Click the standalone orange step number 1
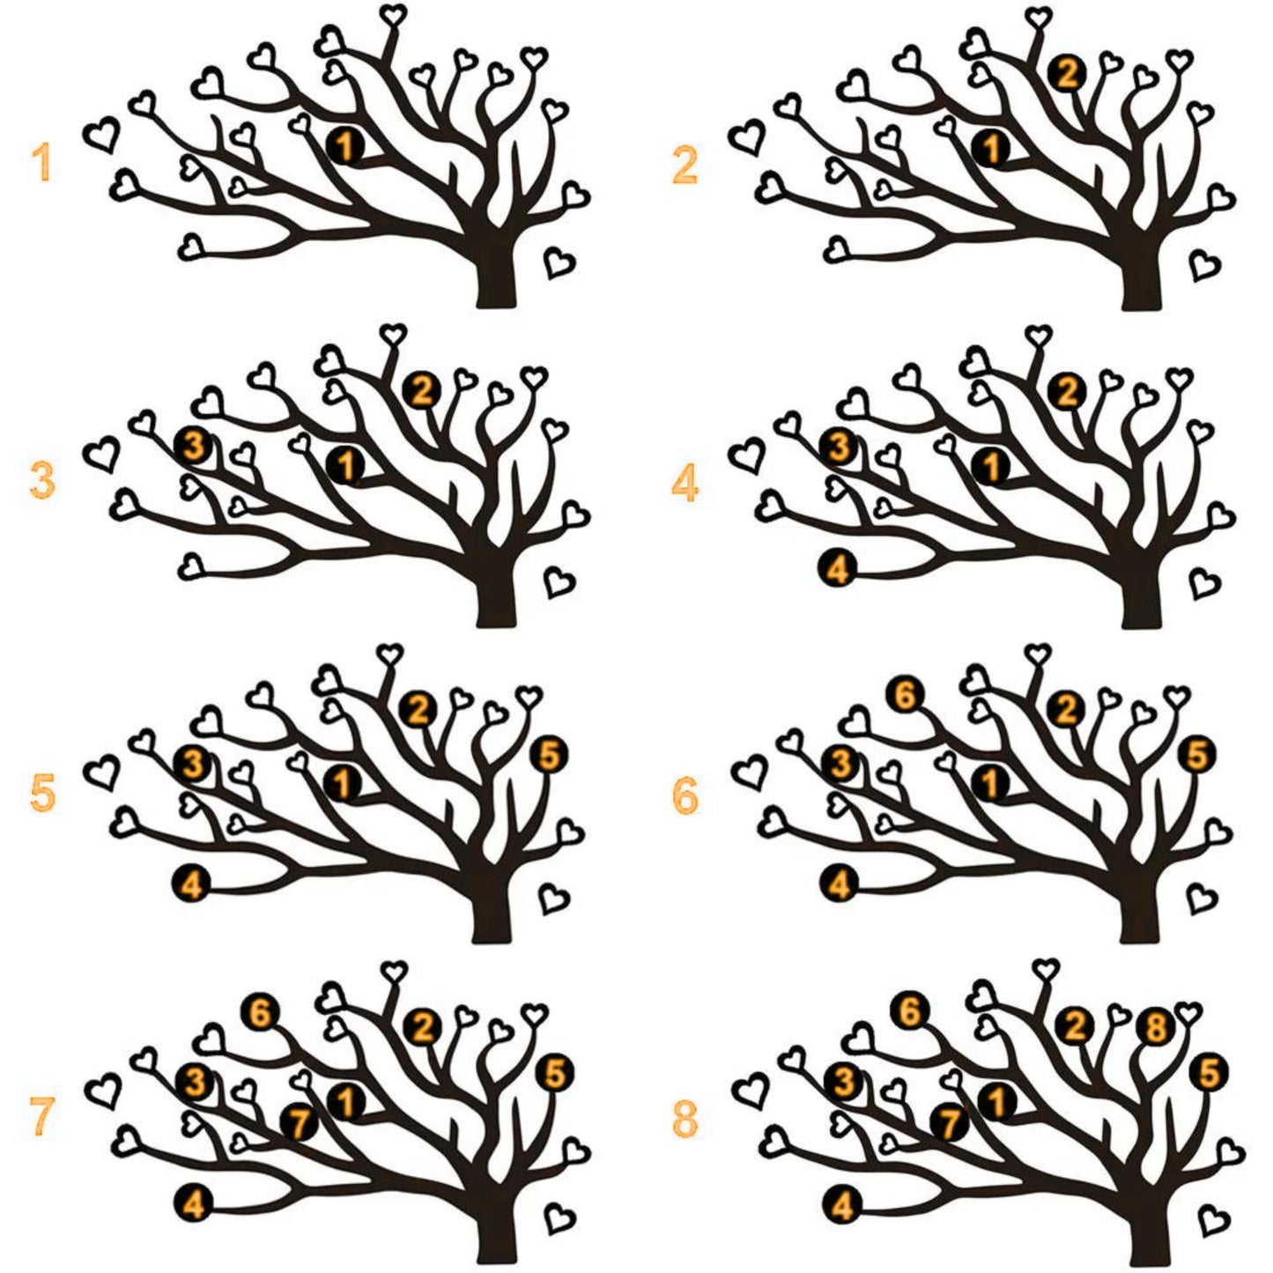(x=41, y=162)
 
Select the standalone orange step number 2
(x=685, y=166)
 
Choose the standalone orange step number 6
(x=685, y=796)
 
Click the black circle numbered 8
(x=1155, y=1026)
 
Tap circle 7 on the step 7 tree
(x=300, y=1124)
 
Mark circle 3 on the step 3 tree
(x=194, y=446)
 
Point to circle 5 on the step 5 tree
(x=549, y=755)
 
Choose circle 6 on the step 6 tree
(x=907, y=695)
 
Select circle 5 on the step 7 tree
(x=555, y=1074)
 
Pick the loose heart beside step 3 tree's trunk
(x=559, y=581)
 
